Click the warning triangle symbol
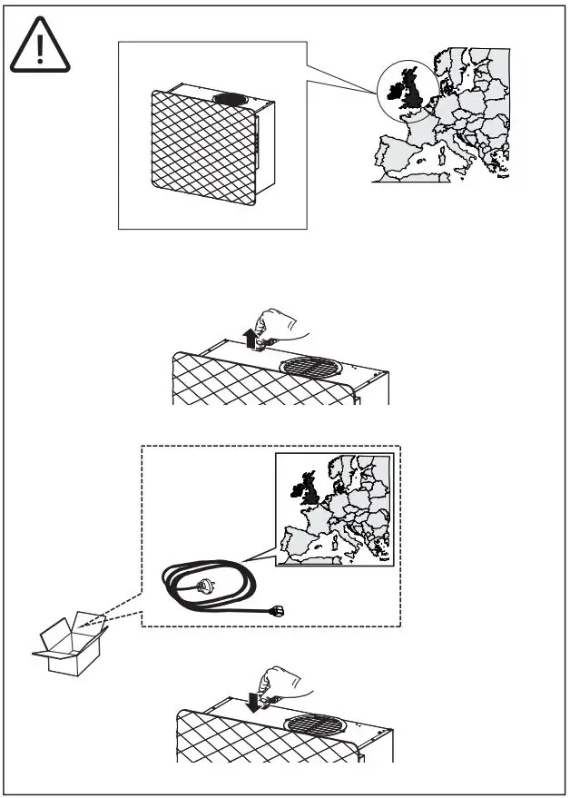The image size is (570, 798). (x=40, y=48)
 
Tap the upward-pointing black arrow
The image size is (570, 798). (x=250, y=339)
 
